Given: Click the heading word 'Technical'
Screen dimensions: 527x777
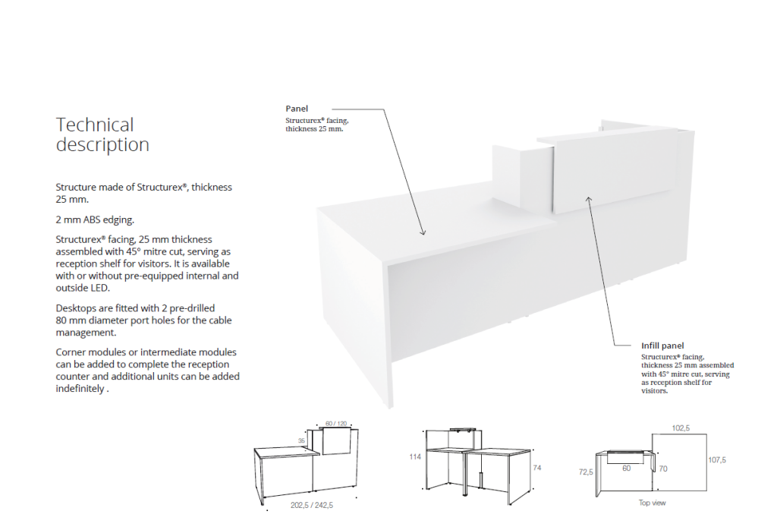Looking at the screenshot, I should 95,125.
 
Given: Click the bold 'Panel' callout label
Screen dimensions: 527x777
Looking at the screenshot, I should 297,109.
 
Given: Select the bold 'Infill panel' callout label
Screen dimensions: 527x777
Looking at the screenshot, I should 662,346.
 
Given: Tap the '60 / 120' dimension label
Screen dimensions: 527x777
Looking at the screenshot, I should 335,423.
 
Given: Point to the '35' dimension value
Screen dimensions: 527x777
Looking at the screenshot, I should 300,440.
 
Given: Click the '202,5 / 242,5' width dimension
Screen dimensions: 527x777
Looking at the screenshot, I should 312,504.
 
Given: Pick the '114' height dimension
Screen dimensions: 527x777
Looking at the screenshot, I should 415,457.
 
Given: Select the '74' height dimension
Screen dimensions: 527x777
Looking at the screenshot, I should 538,469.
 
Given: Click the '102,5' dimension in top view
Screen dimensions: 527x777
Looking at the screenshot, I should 681,428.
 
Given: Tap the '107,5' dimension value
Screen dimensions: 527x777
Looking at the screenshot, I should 717,459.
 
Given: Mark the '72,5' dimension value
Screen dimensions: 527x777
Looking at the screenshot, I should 586,472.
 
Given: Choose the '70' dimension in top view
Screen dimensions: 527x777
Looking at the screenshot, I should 662,469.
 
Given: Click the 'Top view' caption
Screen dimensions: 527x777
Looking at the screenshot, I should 652,503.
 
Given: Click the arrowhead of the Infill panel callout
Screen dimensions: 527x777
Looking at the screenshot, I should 588,197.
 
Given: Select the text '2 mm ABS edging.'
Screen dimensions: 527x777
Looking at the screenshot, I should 95,220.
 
